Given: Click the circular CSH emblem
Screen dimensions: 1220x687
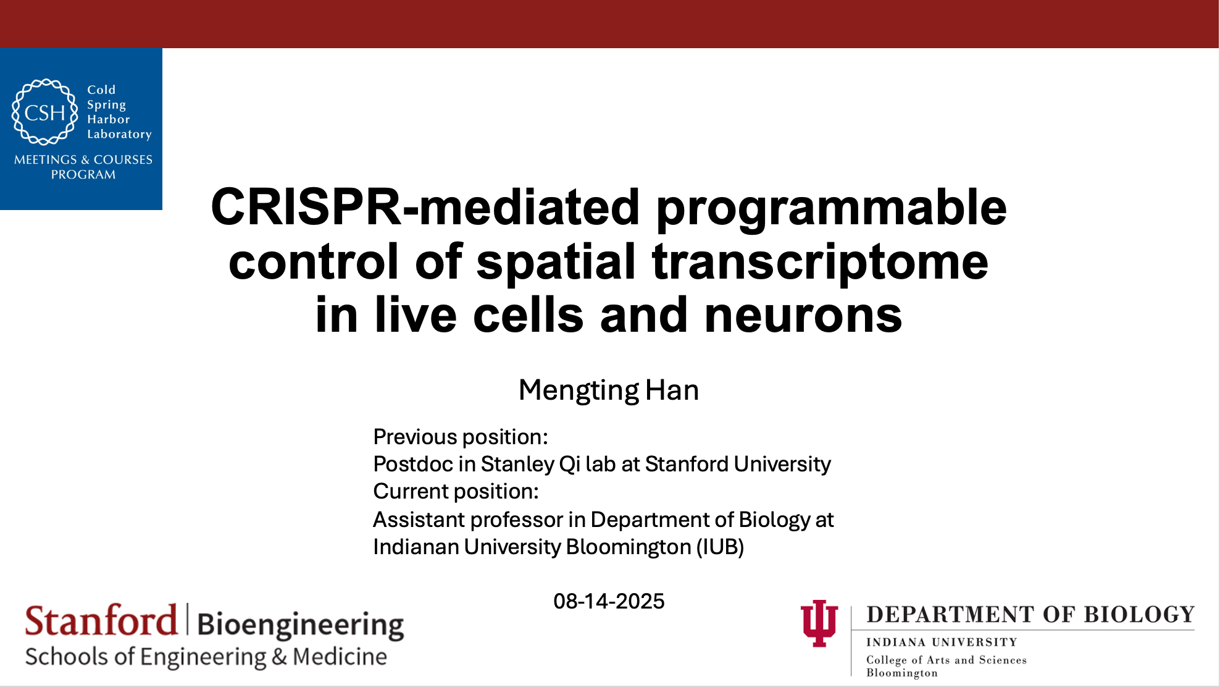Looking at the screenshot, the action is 45,112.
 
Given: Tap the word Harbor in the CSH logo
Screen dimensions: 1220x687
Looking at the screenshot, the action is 109,119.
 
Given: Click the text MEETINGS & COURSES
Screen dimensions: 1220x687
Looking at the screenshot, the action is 83,159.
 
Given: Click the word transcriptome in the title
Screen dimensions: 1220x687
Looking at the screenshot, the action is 820,263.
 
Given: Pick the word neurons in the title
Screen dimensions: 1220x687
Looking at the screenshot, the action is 803,316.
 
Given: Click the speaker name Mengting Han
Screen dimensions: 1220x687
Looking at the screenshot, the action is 609,390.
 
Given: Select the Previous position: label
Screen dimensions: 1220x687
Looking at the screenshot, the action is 461,437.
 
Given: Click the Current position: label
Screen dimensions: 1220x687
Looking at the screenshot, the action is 456,492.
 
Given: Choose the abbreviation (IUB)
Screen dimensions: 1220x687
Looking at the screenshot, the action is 720,547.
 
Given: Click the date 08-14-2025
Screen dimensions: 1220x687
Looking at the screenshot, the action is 609,601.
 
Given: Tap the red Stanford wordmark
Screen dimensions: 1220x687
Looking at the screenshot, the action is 101,620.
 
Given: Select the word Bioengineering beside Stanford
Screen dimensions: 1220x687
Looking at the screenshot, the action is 301,625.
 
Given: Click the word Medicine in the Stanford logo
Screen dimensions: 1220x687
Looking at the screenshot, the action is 340,657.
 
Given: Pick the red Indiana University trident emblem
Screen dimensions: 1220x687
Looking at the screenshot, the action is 819,623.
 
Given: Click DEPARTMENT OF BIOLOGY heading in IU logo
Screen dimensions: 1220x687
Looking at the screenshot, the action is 1030,615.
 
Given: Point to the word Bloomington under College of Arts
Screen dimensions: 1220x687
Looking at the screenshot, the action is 902,673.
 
